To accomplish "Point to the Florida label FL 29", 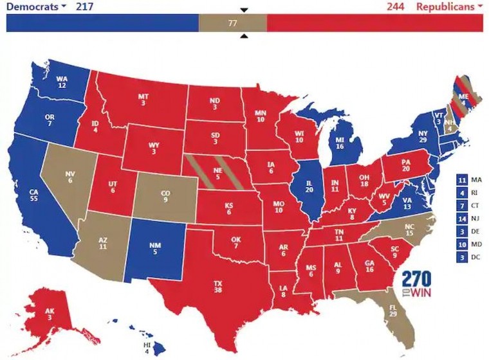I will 392,315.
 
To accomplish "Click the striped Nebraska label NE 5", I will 218,173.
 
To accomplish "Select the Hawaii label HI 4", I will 147,348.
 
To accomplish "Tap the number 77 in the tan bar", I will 233,22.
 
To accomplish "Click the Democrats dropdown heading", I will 36,7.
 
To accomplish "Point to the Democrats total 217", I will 85,7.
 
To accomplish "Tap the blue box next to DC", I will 461,257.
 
